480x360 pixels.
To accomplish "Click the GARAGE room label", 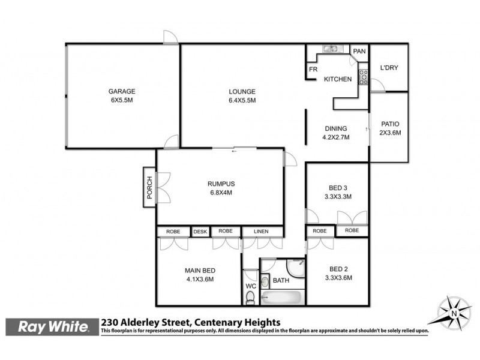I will [x=122, y=92].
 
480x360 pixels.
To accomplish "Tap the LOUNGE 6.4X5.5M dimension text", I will [x=242, y=100].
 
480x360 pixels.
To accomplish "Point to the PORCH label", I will [x=149, y=187].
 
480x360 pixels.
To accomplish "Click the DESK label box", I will [x=200, y=231].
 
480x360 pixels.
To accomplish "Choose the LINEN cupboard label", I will [x=261, y=231].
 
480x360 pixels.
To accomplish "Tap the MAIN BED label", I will [x=199, y=271].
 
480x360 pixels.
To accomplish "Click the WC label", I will [x=251, y=286].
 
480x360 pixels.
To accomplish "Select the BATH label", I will [x=281, y=280].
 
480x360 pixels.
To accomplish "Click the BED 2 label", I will [x=337, y=269].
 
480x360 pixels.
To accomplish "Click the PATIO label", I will [x=389, y=124].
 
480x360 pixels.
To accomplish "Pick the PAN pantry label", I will [x=359, y=52].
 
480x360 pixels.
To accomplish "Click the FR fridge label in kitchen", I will [x=313, y=70].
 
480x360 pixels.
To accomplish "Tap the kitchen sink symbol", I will [x=331, y=49].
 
